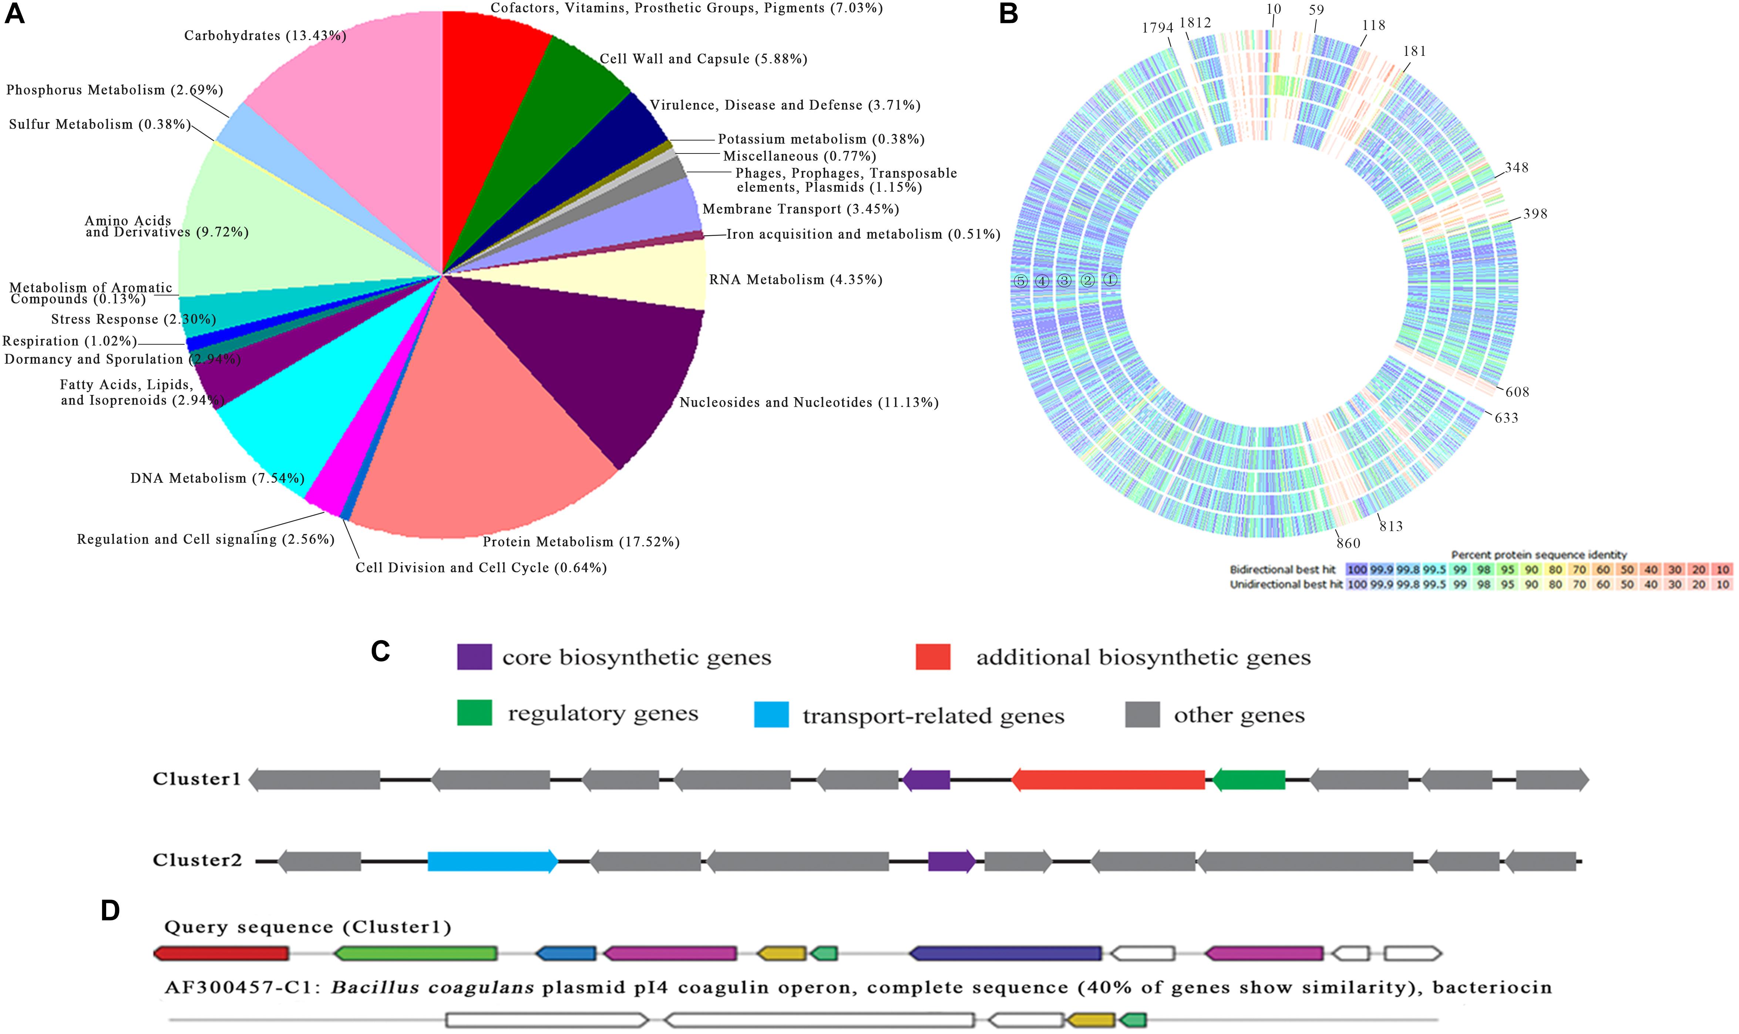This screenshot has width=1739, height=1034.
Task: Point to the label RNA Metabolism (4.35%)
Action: tap(795, 280)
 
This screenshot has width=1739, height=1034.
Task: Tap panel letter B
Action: tap(1009, 14)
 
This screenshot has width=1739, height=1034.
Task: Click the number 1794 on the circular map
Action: tap(1157, 28)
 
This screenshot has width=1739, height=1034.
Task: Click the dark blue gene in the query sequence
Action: tap(1005, 953)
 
